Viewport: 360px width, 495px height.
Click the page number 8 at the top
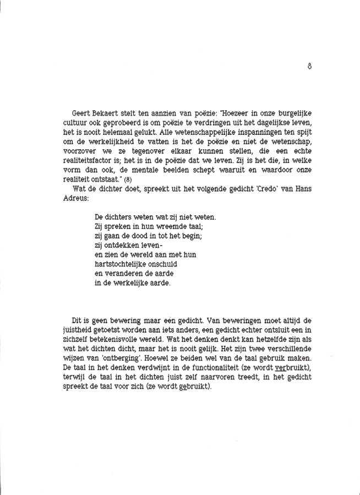point(310,65)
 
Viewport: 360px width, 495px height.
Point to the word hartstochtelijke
point(121,264)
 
